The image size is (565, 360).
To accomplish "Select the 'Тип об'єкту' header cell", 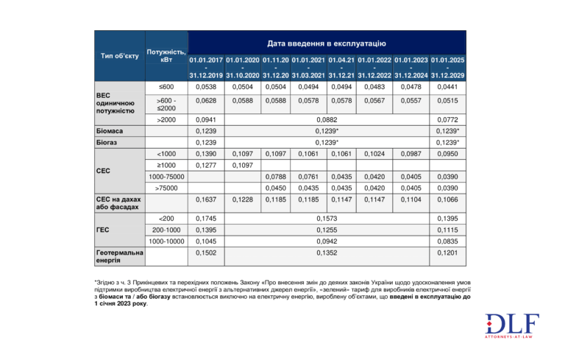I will pos(119,56).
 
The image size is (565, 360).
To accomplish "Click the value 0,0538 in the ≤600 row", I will pos(206,87).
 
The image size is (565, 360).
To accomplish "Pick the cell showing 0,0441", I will pos(447,87).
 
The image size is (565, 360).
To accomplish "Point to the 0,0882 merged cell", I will pos(327,119).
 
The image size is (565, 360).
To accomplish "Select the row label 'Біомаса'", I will pos(110,130).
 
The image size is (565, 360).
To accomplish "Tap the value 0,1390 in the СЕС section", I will pos(206,154).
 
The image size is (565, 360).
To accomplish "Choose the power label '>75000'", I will pos(166,188).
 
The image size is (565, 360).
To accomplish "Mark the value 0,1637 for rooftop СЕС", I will pos(206,200).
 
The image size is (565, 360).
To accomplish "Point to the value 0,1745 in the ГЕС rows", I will pos(206,219).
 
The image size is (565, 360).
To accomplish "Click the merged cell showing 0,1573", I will pos(327,219).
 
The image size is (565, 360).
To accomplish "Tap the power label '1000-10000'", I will pos(166,241).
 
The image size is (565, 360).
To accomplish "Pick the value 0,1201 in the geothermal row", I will pos(447,253).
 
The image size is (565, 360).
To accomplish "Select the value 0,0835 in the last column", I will pos(447,241).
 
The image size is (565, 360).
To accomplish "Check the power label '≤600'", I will pos(166,87).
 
